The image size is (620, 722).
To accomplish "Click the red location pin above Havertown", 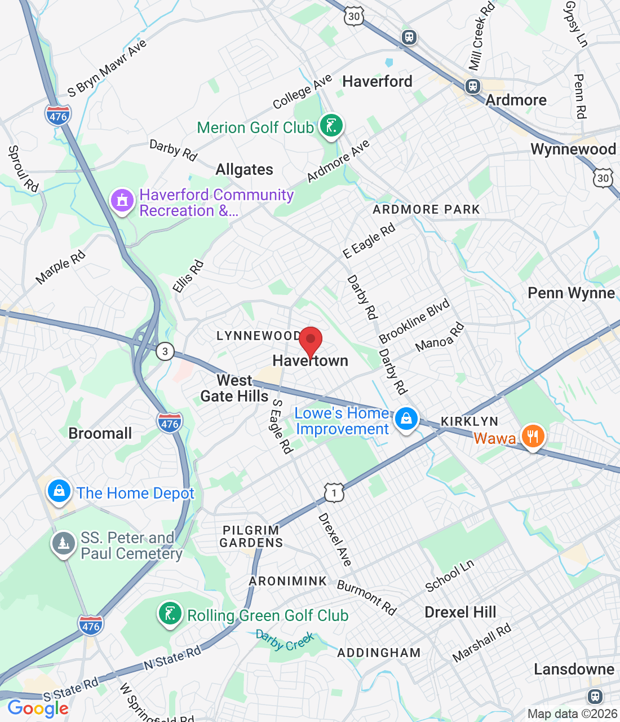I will coord(310,340).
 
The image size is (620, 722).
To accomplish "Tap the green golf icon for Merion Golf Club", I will coord(331,125).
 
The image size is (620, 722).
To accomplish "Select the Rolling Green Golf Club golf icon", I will coord(170,614).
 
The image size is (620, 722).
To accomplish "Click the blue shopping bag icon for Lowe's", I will coord(406,419).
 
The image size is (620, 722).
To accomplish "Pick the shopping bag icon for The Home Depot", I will coord(59,491).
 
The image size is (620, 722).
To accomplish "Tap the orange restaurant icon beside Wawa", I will coord(532,436).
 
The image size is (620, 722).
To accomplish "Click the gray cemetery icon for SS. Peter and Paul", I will coord(63,544).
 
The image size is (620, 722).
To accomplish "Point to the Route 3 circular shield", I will coord(165,351).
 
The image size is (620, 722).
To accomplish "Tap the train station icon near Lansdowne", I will coord(595,695).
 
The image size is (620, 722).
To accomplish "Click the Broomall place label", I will coord(100,433).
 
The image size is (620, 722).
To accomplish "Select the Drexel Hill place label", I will coord(460,612).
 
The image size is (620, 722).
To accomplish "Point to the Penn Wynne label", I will coord(571,293).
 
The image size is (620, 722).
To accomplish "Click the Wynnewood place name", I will coord(573,149).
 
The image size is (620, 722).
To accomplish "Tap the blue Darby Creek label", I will coord(285,640).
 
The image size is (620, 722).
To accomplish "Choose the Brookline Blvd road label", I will coord(414,320).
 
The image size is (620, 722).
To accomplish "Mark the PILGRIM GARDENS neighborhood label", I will coord(251,536).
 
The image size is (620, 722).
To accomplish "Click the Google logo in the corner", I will coord(38,708).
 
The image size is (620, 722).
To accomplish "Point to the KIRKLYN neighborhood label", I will coord(469,421).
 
